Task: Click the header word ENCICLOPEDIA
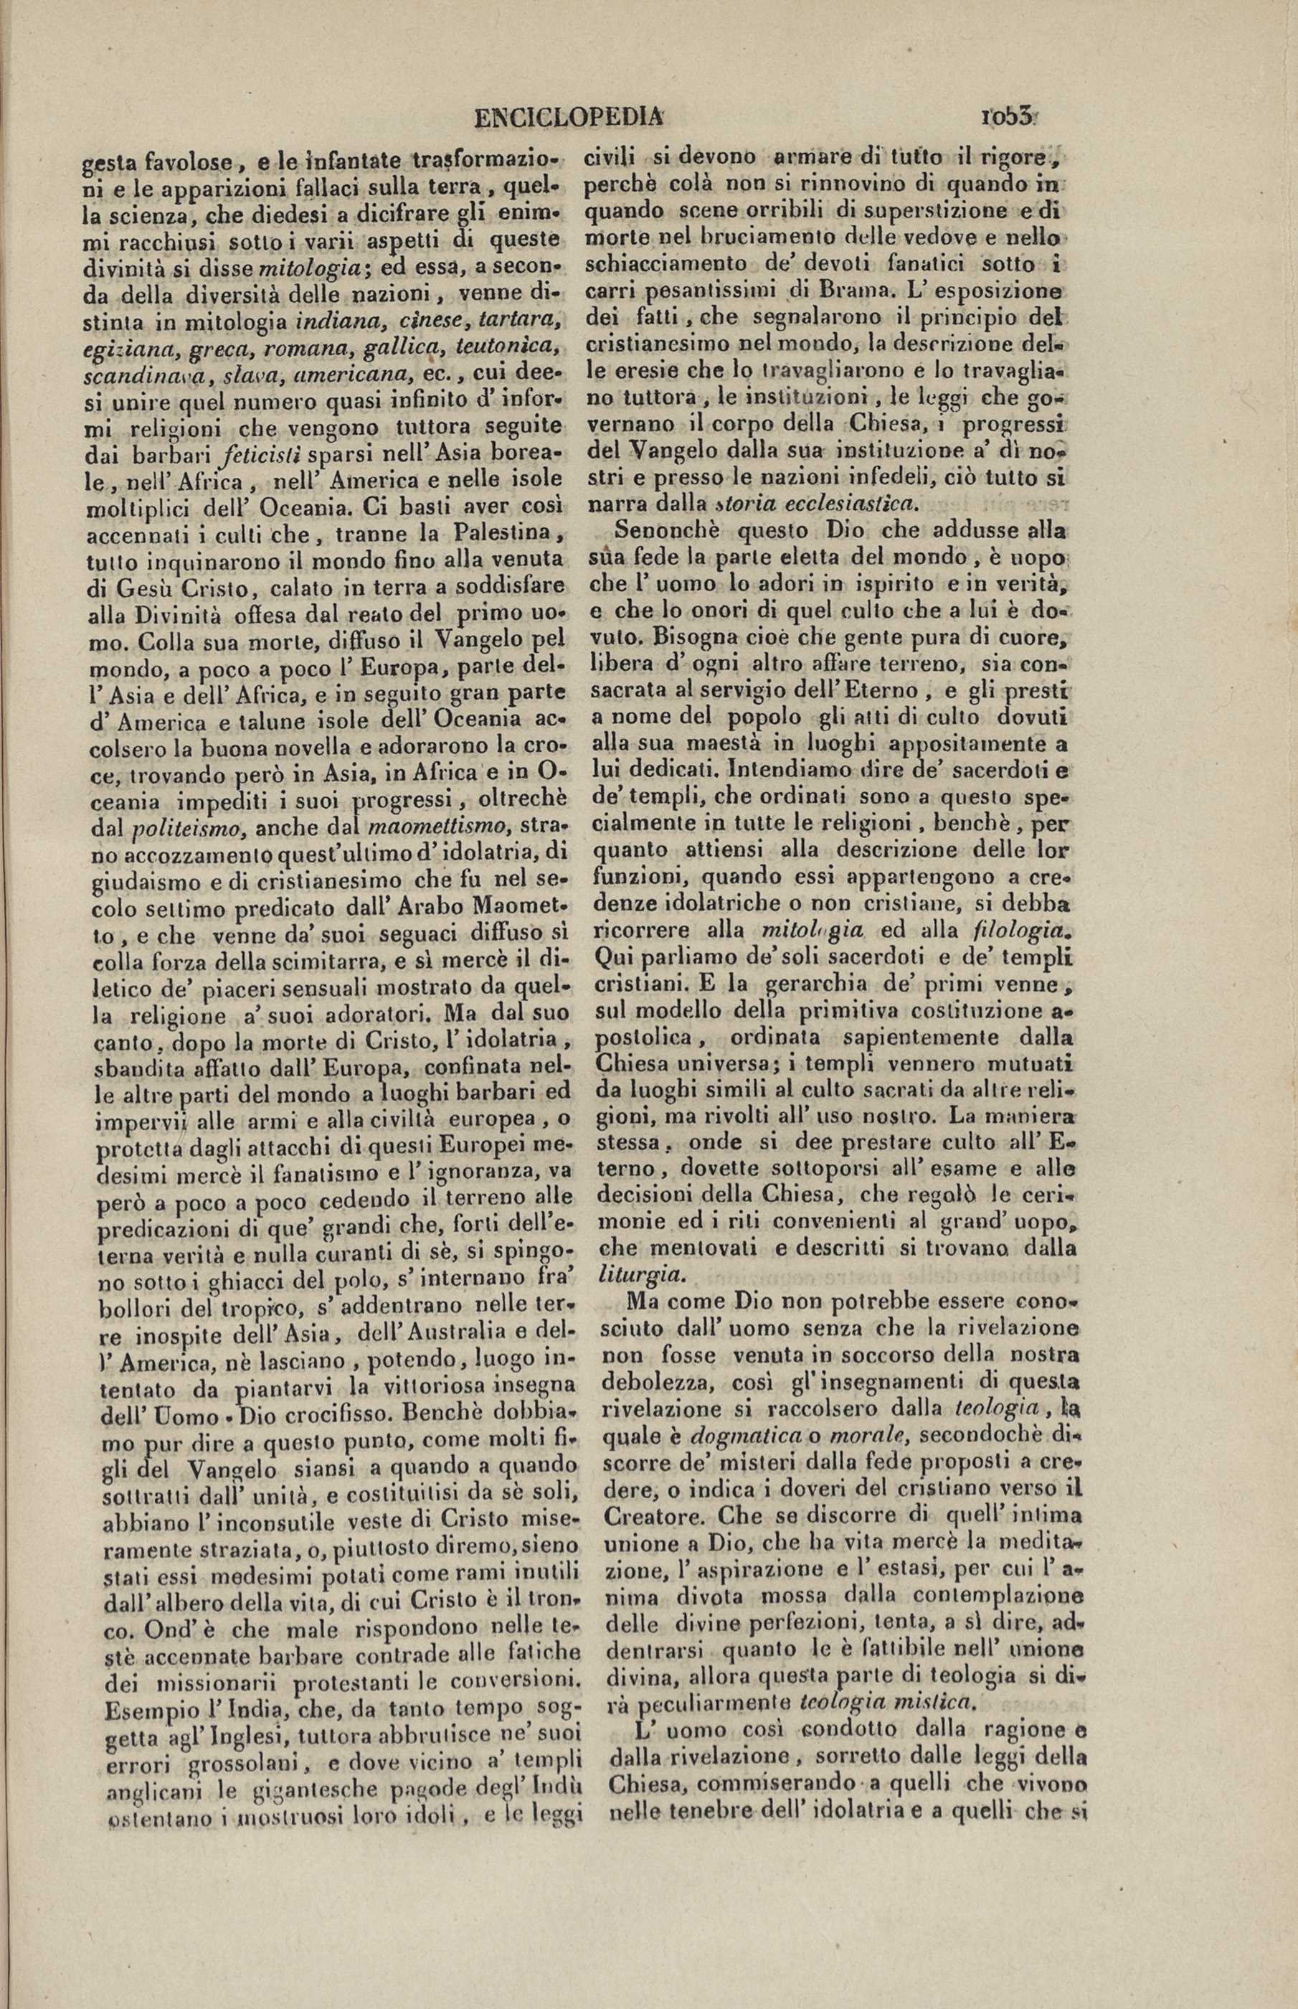(569, 117)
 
